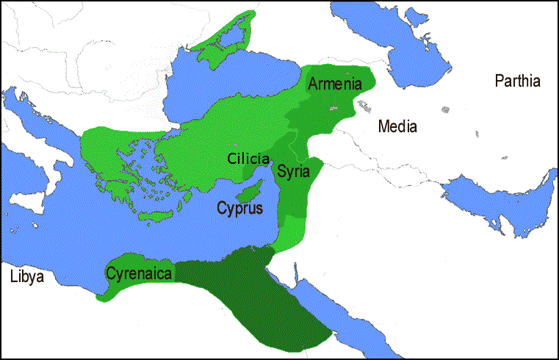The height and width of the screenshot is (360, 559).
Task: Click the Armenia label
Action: point(335,84)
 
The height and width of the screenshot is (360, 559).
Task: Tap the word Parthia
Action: point(517,81)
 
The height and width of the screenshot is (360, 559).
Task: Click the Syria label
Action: point(293,170)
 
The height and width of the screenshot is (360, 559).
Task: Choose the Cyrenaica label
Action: point(139,275)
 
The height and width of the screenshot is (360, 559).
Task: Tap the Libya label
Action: point(27,277)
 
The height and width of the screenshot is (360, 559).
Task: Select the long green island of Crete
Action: point(156,217)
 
